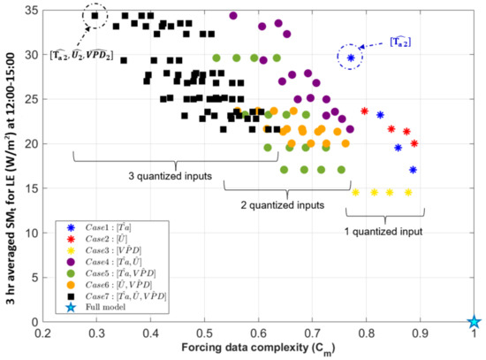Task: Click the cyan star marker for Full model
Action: pos(474,322)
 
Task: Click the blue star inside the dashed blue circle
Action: pos(351,57)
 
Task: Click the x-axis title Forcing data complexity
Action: pos(259,349)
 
